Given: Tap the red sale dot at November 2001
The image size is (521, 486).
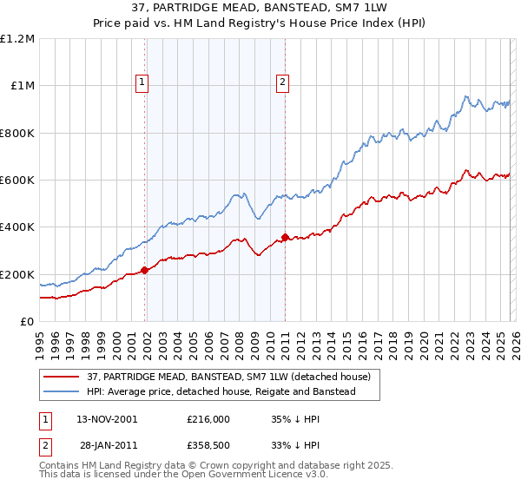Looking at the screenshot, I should click(x=145, y=271).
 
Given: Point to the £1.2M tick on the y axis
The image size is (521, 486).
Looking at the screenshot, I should click(x=17, y=39).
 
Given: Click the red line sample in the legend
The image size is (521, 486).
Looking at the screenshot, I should click(x=62, y=377).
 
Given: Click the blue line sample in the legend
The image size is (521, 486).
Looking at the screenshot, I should click(x=62, y=392).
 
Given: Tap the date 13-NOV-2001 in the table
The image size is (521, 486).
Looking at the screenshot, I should click(x=107, y=418).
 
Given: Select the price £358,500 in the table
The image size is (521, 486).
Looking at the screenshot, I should click(x=208, y=444).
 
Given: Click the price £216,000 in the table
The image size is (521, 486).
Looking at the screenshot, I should click(x=208, y=418).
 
